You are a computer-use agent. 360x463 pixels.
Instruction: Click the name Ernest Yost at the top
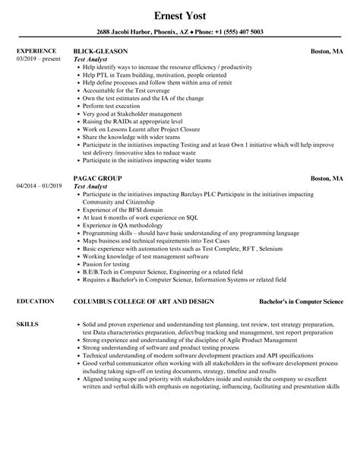point(179,14)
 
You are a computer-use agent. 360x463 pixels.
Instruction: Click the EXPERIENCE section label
point(36,51)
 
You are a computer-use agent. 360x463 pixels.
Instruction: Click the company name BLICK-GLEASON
point(101,51)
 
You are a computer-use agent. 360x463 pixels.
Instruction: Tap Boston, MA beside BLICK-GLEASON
point(327,51)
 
